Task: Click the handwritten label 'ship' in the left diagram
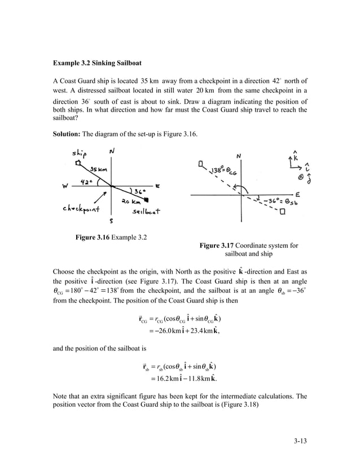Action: click(x=78, y=155)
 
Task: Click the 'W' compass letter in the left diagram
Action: click(x=66, y=187)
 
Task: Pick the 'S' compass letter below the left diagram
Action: click(x=112, y=221)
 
